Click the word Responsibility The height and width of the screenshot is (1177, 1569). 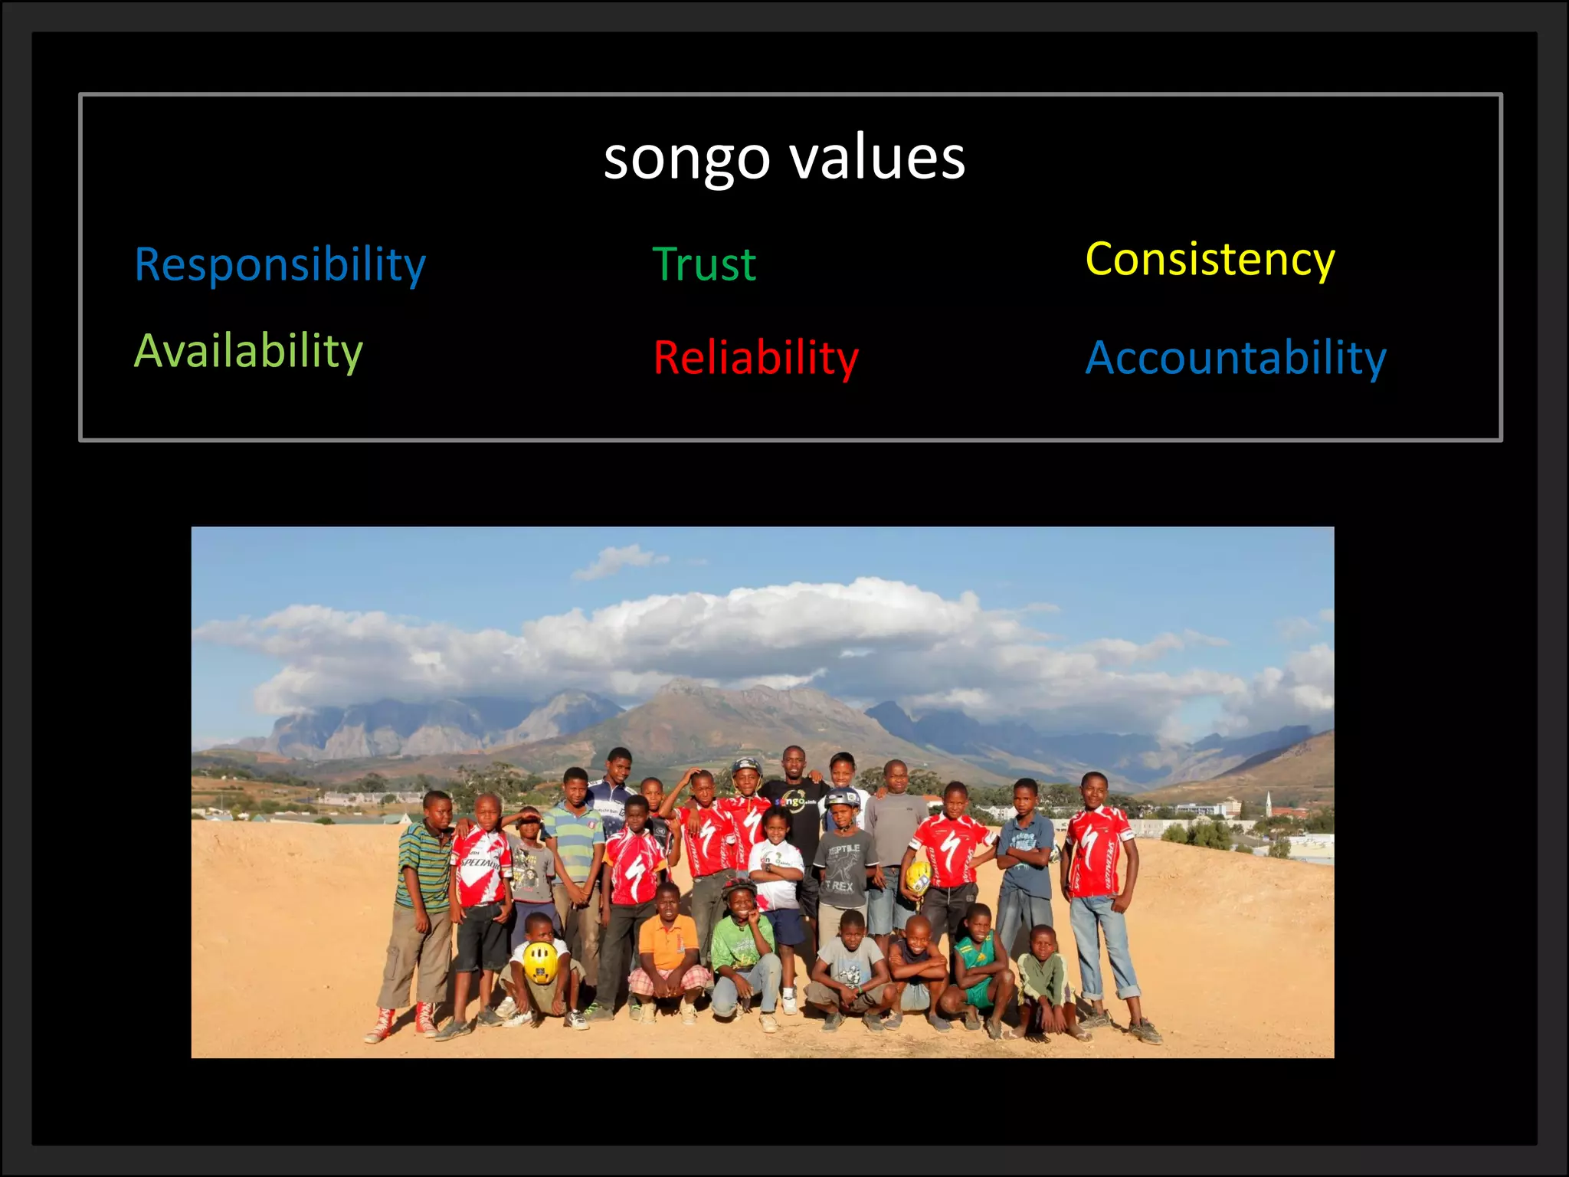[280, 264]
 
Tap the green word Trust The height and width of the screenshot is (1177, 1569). [704, 264]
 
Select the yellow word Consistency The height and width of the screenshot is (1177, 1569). [1210, 259]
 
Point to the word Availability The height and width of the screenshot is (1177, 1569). [248, 351]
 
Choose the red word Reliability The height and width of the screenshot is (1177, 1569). [755, 358]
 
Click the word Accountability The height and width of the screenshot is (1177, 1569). [1236, 357]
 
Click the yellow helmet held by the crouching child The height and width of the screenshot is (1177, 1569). [540, 963]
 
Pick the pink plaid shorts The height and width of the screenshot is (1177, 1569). [668, 980]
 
